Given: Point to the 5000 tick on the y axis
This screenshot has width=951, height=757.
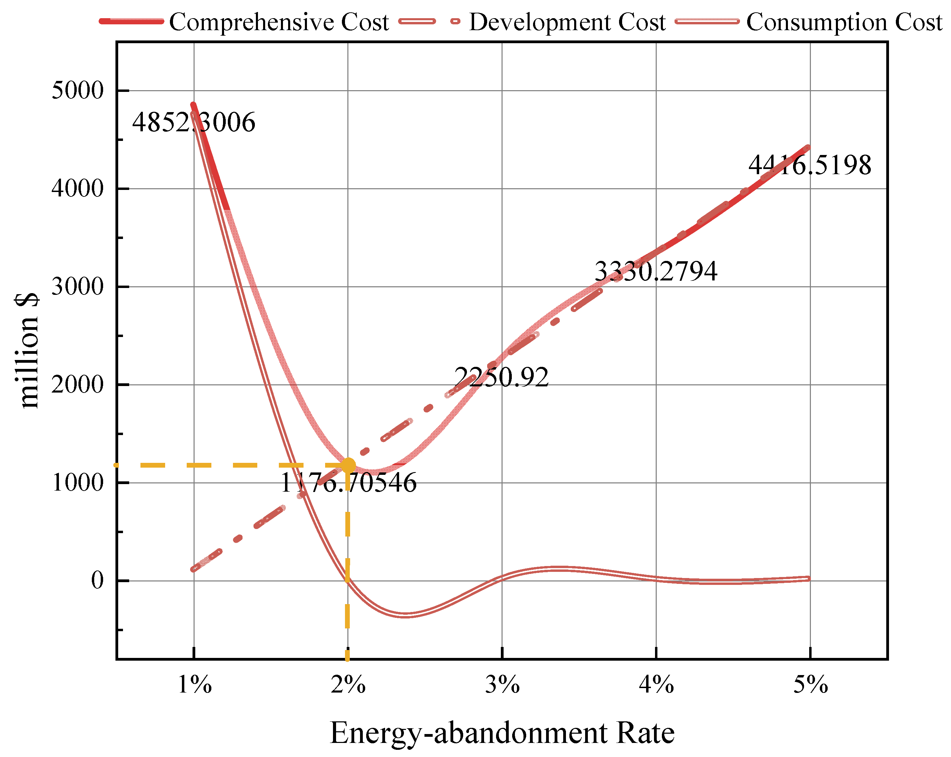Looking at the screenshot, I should pyautogui.click(x=78, y=91).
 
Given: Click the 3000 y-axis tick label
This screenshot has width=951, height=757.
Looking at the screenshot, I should pyautogui.click(x=78, y=287).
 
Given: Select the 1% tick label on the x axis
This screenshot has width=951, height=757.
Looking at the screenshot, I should pyautogui.click(x=194, y=685).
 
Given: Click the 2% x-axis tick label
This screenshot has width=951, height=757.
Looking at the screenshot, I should pyautogui.click(x=348, y=685).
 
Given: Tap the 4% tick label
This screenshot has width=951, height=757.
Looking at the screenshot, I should pyautogui.click(x=656, y=685).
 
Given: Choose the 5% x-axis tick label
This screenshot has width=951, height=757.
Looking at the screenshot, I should pyautogui.click(x=810, y=685).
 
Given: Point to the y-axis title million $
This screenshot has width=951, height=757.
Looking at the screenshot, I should pyautogui.click(x=27, y=351).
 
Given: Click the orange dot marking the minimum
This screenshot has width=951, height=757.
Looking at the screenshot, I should pyautogui.click(x=348, y=465).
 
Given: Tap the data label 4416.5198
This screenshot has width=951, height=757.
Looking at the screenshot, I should pyautogui.click(x=810, y=166).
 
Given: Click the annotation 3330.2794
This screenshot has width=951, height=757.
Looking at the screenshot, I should pyautogui.click(x=656, y=272).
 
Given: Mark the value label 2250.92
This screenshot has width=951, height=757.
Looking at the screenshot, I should pyautogui.click(x=502, y=377).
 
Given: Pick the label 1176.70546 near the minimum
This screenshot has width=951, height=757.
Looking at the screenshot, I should pyautogui.click(x=348, y=483).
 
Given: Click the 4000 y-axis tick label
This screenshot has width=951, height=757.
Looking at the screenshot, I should pyautogui.click(x=78, y=189).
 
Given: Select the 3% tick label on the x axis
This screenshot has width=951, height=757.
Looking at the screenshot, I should pyautogui.click(x=502, y=685).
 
